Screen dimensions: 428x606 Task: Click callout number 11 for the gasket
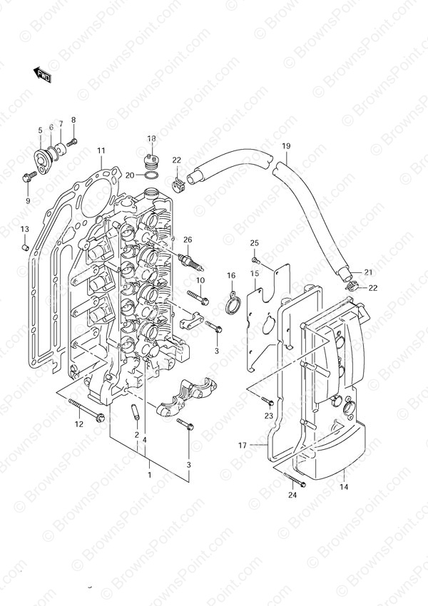pyautogui.click(x=101, y=150)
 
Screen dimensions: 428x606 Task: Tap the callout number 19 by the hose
pyautogui.click(x=286, y=146)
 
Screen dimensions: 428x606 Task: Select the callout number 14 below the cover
pyautogui.click(x=344, y=487)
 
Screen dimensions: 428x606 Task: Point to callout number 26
pyautogui.click(x=188, y=240)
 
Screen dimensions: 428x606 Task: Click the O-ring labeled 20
pyautogui.click(x=152, y=176)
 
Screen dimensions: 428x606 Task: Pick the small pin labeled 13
pyautogui.click(x=25, y=246)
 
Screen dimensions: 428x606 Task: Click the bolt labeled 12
pyautogui.click(x=86, y=410)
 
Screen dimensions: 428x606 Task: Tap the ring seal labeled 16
pyautogui.click(x=232, y=304)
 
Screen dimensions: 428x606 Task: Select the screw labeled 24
pyautogui.click(x=295, y=479)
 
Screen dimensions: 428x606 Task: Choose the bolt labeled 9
pyautogui.click(x=29, y=177)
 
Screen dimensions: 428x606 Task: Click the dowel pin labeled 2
pyautogui.click(x=136, y=412)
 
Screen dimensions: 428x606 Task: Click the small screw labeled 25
pyautogui.click(x=255, y=260)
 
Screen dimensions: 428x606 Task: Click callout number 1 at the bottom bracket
pyautogui.click(x=150, y=475)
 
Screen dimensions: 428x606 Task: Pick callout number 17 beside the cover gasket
pyautogui.click(x=243, y=446)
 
